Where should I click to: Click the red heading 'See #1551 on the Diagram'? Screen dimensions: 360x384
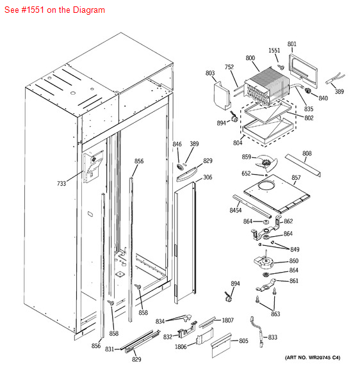[x=54, y=10]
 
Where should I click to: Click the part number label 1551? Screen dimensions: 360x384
[x=274, y=51]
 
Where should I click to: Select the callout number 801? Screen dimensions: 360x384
[x=291, y=44]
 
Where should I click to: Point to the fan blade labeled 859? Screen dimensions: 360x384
[x=266, y=163]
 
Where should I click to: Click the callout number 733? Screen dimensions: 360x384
[x=61, y=184]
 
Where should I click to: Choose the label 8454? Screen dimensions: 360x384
[x=235, y=210]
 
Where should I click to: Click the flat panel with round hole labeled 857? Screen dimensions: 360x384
[x=277, y=193]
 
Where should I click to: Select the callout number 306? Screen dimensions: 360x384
[x=208, y=177]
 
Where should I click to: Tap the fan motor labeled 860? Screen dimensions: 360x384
[x=263, y=262]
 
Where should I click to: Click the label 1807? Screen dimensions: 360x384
[x=227, y=321]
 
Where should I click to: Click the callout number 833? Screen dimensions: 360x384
[x=272, y=337]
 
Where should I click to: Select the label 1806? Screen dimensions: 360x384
[x=181, y=347]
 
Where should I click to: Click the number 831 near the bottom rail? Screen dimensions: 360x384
[x=110, y=349]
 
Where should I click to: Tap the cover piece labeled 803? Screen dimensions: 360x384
[x=222, y=95]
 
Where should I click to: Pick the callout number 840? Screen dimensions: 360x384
[x=323, y=99]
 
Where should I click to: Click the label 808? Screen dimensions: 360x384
[x=307, y=154]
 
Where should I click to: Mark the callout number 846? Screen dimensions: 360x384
[x=177, y=144]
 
